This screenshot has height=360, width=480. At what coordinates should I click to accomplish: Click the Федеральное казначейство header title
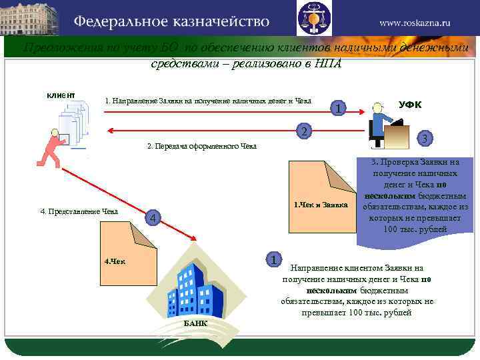[x=171, y=21]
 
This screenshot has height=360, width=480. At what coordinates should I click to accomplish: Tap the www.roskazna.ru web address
[x=415, y=22]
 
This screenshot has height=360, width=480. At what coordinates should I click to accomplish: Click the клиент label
[x=60, y=95]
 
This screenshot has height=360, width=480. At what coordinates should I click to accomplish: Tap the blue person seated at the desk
[x=383, y=127]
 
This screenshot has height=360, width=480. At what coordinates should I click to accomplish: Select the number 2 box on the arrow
[x=303, y=131]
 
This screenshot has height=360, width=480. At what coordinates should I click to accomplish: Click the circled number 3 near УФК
[x=425, y=138]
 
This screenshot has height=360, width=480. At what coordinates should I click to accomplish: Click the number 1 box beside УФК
[x=339, y=109]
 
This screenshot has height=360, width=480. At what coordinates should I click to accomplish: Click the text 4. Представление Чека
[x=79, y=212]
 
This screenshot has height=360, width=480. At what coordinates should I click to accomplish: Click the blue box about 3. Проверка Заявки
[x=416, y=195]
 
